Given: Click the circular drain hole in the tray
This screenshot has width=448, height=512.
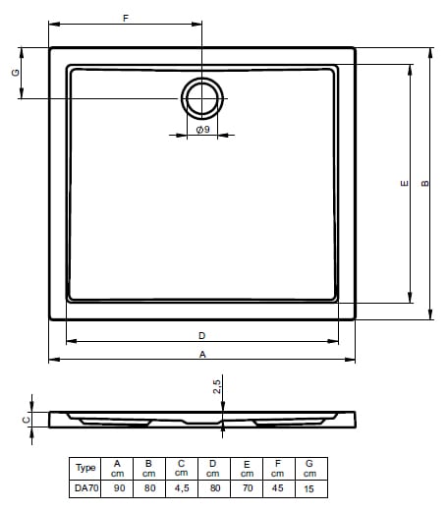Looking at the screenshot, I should tap(201, 98).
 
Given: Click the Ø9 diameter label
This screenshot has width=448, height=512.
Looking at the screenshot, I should tap(201, 130).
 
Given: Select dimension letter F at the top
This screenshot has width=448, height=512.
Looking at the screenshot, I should tap(125, 19).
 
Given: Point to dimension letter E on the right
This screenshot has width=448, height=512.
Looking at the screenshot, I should tap(403, 183).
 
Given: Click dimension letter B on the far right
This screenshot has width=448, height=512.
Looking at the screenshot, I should tap(424, 183).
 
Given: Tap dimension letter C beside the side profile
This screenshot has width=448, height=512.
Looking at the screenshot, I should tap(27, 420).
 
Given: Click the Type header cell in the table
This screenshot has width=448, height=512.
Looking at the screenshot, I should tap(85, 468).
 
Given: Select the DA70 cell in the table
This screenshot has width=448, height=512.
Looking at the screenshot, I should tap(85, 486).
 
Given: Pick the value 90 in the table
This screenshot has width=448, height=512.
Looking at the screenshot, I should tap(118, 486).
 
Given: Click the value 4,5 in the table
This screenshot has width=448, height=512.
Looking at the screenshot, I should tap(182, 486).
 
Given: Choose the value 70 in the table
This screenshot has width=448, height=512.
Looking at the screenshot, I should tap(246, 486).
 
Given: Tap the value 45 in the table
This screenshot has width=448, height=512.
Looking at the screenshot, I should tap(278, 486).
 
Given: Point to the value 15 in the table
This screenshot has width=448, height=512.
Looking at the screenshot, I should tap(310, 486).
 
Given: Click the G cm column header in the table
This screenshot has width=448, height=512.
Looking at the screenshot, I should tap(310, 468).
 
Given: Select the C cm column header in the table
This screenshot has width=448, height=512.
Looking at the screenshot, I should tap(182, 468).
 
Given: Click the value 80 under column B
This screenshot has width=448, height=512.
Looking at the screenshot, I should tap(149, 486).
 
